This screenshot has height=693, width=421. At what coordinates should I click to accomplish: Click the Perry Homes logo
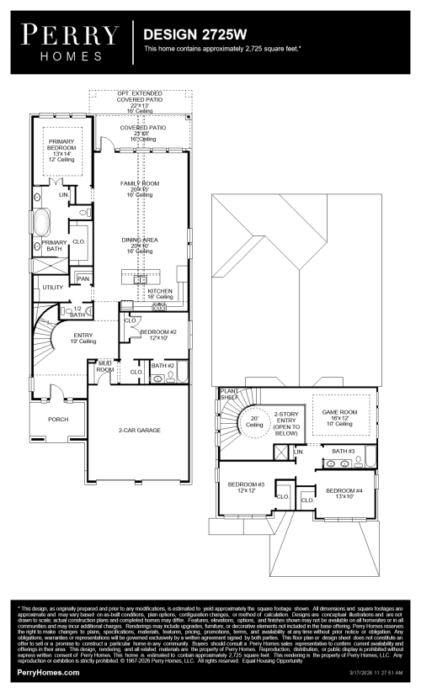(x=69, y=40)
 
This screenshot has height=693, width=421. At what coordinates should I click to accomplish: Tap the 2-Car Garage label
(x=140, y=430)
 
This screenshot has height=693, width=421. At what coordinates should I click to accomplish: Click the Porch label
(x=58, y=419)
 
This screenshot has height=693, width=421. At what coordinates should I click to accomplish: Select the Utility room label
(x=53, y=287)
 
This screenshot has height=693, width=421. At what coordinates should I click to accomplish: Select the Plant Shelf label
(x=229, y=394)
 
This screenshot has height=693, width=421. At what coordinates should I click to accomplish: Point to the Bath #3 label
(x=344, y=452)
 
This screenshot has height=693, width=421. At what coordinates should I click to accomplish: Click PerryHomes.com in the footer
(x=49, y=674)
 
